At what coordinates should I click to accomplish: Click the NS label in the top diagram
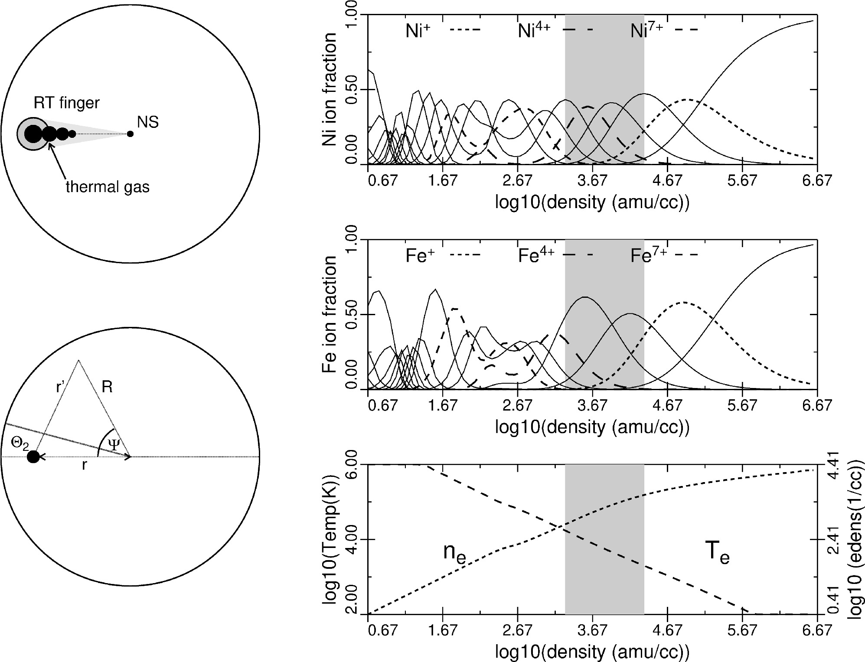click(x=148, y=122)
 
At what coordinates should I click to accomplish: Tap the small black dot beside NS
click(x=130, y=134)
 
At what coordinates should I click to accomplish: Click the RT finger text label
click(x=67, y=103)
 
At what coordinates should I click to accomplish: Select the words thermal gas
click(x=108, y=187)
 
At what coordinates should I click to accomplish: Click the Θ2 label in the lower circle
click(x=20, y=444)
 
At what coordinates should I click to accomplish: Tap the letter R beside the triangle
click(x=107, y=387)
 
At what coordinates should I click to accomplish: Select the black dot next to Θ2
click(x=33, y=457)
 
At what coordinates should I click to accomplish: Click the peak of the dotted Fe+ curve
click(x=684, y=302)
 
